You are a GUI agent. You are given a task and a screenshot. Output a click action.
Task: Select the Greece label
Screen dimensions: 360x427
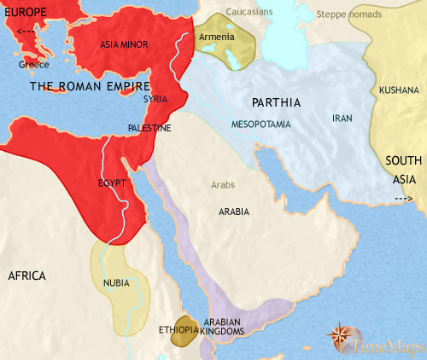[x=34, y=65]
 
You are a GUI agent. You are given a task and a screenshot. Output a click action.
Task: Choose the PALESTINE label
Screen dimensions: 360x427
[x=149, y=128]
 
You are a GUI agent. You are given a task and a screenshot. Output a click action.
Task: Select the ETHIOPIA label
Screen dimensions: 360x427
[x=178, y=328]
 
